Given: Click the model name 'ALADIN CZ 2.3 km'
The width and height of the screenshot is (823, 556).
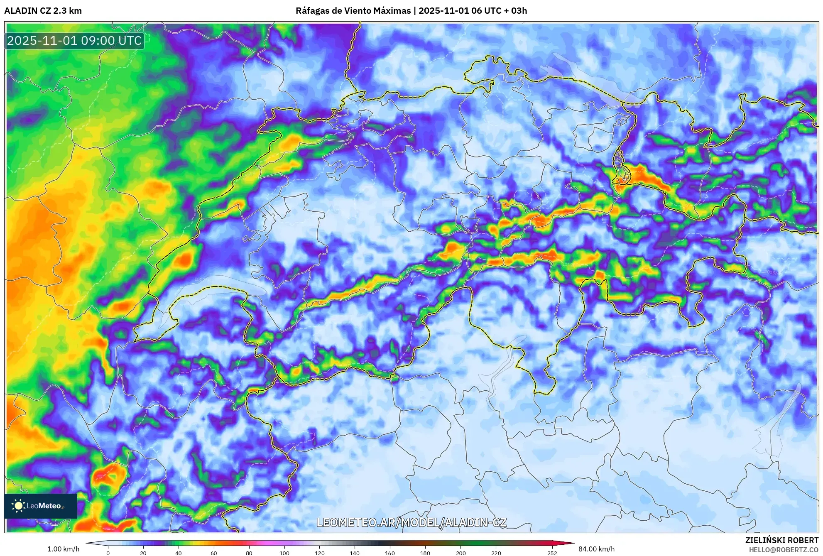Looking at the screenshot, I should pyautogui.click(x=43, y=11).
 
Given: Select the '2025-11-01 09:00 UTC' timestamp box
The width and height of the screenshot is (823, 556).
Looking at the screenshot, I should pyautogui.click(x=75, y=41).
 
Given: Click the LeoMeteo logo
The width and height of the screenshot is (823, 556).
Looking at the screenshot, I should pyautogui.click(x=41, y=506).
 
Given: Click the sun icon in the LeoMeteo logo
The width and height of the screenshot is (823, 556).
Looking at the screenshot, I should pyautogui.click(x=18, y=506).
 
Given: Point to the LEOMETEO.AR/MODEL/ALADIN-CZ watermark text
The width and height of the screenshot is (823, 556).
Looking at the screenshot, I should pyautogui.click(x=411, y=522).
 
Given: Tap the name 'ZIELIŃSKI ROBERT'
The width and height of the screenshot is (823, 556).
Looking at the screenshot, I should pyautogui.click(x=782, y=540).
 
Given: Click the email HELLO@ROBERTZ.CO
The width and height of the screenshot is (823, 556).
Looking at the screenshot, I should pyautogui.click(x=784, y=550).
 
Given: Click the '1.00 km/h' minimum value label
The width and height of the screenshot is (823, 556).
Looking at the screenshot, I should pyautogui.click(x=63, y=549).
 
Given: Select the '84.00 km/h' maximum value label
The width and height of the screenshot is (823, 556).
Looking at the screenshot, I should pyautogui.click(x=596, y=549).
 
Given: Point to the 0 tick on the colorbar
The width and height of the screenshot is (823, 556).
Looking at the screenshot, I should pyautogui.click(x=108, y=553).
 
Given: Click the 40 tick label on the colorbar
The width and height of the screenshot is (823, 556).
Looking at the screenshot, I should pyautogui.click(x=179, y=553).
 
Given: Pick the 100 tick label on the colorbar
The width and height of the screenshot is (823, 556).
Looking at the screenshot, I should pyautogui.click(x=284, y=553).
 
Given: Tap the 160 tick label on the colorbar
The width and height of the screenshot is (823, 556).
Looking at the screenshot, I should pyautogui.click(x=390, y=553).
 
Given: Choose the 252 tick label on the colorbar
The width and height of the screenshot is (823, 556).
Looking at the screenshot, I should pyautogui.click(x=552, y=553).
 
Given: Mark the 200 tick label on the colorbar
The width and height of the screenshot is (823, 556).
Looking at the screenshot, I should pyautogui.click(x=460, y=553).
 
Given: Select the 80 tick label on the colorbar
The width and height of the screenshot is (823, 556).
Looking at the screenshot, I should pyautogui.click(x=249, y=553).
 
